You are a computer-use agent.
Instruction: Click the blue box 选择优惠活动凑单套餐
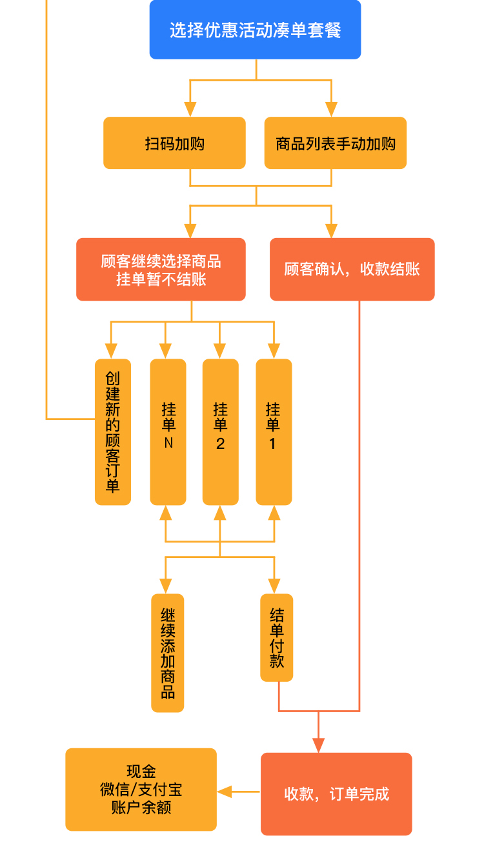pyautogui.click(x=255, y=30)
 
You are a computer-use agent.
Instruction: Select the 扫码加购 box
pyautogui.click(x=174, y=143)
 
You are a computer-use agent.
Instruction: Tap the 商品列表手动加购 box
pyautogui.click(x=336, y=143)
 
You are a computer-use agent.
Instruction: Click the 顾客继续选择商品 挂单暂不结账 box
pyautogui.click(x=161, y=270)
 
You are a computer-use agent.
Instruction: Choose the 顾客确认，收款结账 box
pyautogui.click(x=352, y=269)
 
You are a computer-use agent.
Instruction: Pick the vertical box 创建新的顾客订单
pyautogui.click(x=113, y=432)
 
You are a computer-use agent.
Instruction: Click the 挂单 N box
pyautogui.click(x=168, y=432)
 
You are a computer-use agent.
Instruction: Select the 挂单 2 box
pyautogui.click(x=220, y=432)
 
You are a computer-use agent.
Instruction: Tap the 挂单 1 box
pyautogui.click(x=274, y=432)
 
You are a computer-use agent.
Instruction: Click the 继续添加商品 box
pyautogui.click(x=168, y=653)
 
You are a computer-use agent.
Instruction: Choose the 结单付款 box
pyautogui.click(x=277, y=637)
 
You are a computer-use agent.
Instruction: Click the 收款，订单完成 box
pyautogui.click(x=336, y=794)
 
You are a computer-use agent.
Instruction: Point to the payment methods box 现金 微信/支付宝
pyautogui.click(x=141, y=790)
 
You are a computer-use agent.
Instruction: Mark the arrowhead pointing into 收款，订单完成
pyautogui.click(x=318, y=744)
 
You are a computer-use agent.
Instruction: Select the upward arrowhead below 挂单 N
pyautogui.click(x=166, y=513)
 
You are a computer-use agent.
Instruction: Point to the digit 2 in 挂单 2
pyautogui.click(x=220, y=444)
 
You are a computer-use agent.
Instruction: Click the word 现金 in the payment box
pyautogui.click(x=141, y=771)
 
